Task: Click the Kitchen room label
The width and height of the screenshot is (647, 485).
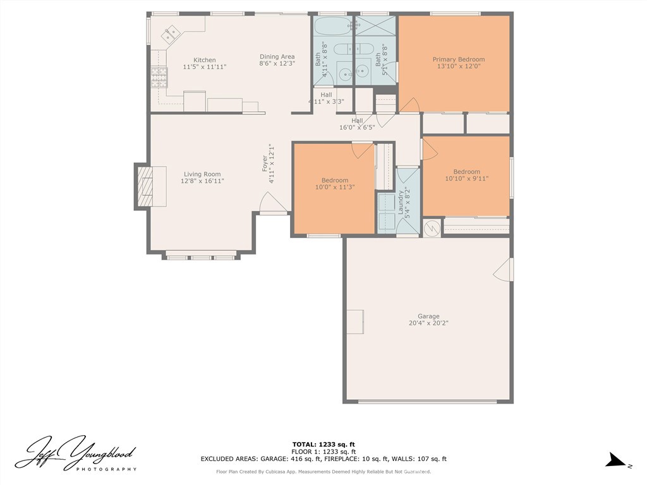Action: click(x=205, y=60)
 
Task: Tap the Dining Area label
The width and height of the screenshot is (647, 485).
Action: click(x=277, y=56)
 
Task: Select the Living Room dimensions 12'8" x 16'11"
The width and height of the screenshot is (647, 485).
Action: click(x=202, y=181)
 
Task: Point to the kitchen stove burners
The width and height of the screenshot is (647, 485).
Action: click(x=159, y=78)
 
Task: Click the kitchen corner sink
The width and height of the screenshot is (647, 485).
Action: click(x=171, y=33)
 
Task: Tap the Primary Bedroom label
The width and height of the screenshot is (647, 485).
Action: click(x=459, y=59)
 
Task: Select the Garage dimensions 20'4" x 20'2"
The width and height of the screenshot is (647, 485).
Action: click(x=428, y=323)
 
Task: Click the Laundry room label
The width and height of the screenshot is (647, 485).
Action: click(x=400, y=202)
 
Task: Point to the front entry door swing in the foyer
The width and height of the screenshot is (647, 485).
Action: click(x=273, y=203)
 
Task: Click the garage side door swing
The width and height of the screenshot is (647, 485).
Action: click(x=502, y=270)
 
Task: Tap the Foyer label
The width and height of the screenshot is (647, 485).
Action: click(x=265, y=164)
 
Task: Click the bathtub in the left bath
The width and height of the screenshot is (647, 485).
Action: click(x=332, y=26)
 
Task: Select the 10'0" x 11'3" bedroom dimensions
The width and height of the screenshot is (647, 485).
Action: click(x=335, y=187)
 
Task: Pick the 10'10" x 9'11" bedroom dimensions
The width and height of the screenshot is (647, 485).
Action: click(x=467, y=179)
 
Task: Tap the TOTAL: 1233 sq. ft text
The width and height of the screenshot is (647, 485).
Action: click(x=323, y=444)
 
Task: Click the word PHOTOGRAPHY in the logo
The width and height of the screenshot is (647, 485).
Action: click(x=106, y=469)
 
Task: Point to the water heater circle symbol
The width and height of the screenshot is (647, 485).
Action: click(x=432, y=227)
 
